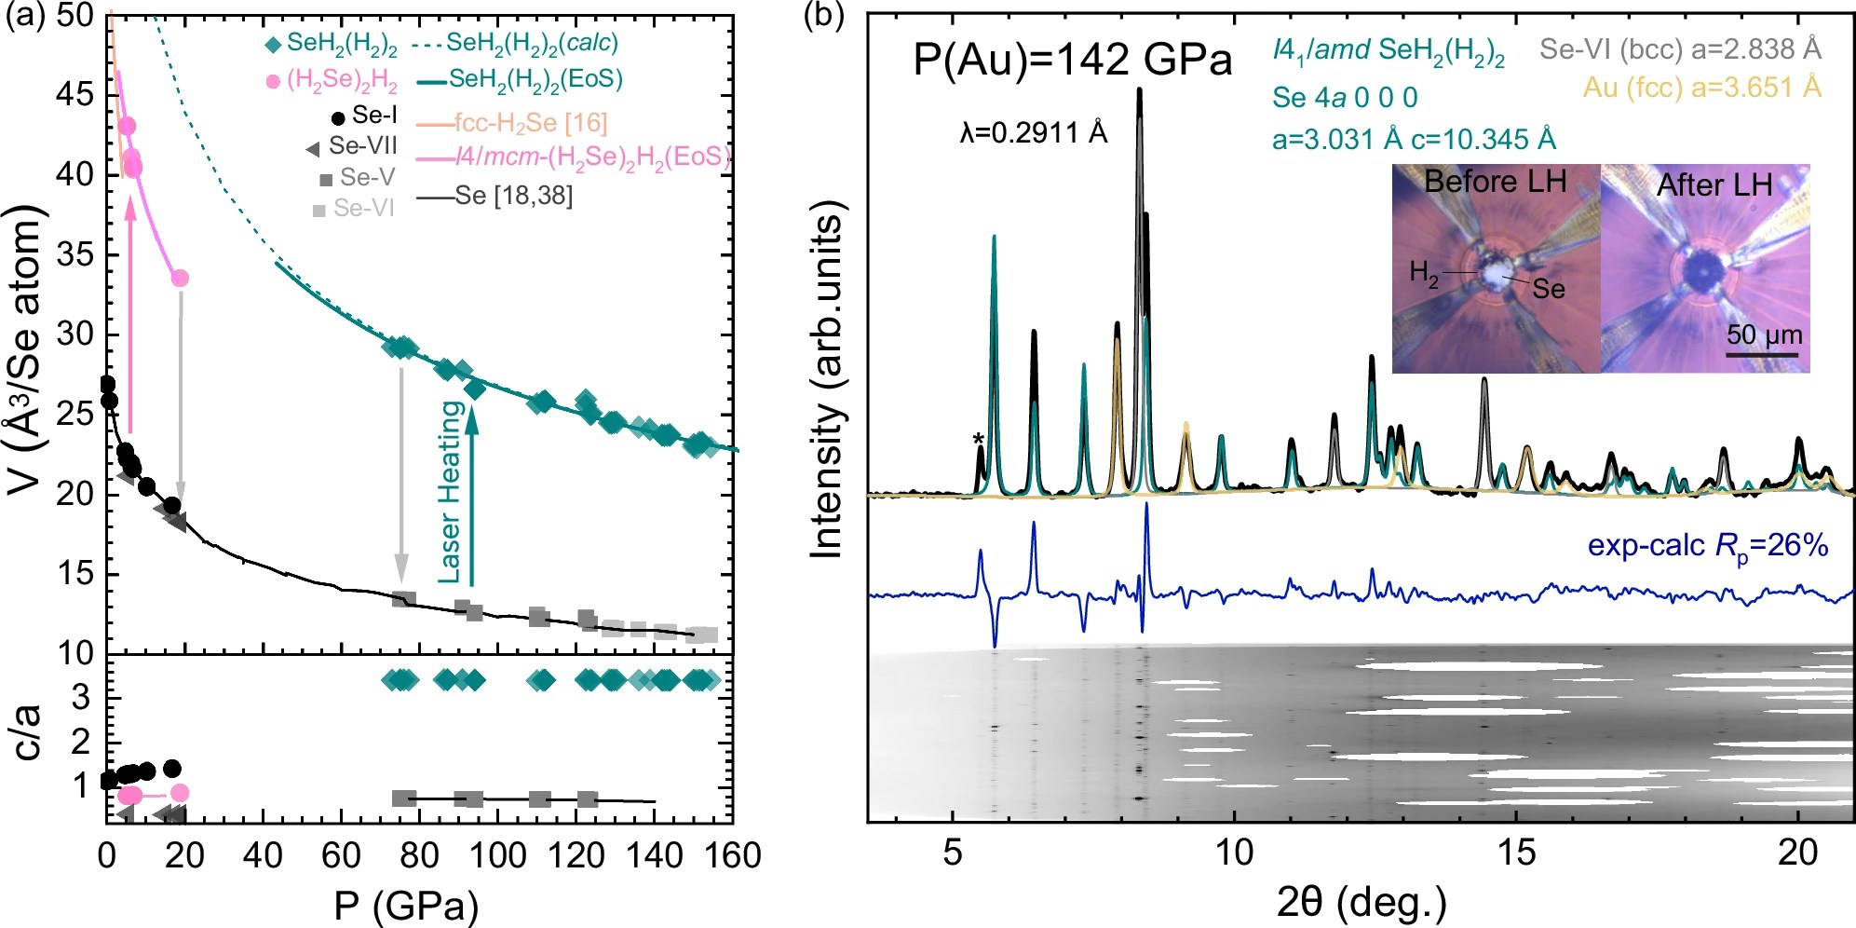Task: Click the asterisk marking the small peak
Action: point(977,440)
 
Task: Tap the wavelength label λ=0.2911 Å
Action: point(1034,133)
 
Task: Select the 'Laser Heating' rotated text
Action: point(451,492)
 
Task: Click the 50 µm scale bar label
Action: point(1765,334)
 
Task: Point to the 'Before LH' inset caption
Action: point(1495,181)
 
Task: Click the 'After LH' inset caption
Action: point(1714,184)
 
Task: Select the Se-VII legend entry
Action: point(361,146)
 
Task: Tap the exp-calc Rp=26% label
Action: point(1708,545)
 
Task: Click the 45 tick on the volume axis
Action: point(74,94)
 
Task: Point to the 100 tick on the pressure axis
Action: point(497,854)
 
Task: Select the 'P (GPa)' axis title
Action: point(406,905)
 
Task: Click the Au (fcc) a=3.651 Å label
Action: point(1701,88)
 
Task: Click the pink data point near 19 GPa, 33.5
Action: point(181,278)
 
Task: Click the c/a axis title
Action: point(28,731)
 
